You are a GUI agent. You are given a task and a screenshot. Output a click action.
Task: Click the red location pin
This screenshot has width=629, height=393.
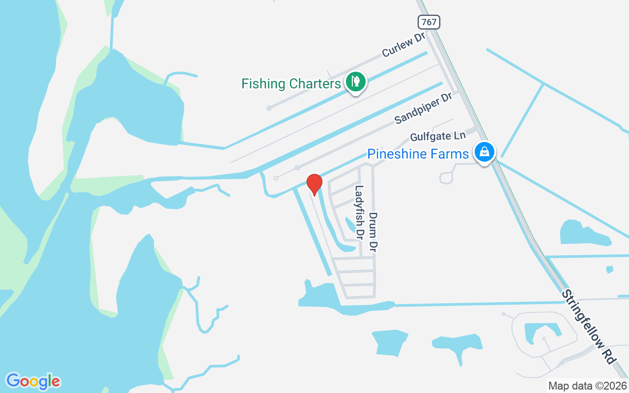314,184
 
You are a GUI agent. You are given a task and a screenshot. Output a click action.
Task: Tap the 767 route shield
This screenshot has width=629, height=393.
429,22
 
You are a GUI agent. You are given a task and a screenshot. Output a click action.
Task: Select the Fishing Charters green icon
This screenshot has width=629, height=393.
354,82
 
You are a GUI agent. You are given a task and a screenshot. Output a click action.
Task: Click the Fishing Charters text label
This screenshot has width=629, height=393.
291,84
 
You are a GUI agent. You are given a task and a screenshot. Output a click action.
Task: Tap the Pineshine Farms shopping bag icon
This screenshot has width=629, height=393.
485,152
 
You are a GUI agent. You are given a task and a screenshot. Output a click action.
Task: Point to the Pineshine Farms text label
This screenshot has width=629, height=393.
418,154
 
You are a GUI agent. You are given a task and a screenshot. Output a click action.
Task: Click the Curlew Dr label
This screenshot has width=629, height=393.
403,45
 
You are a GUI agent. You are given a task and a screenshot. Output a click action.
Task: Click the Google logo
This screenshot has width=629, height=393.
33,381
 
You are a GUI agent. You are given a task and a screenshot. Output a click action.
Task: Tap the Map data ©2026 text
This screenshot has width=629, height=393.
587,386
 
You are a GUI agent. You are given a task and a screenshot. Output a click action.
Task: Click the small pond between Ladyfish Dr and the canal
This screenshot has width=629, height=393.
350,225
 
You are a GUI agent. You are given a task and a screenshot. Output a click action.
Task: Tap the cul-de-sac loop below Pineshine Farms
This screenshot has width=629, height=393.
446,178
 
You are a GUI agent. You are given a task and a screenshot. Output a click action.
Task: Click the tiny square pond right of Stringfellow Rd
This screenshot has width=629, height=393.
609,269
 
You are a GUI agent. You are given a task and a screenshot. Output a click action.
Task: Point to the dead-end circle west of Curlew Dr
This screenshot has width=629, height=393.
269,108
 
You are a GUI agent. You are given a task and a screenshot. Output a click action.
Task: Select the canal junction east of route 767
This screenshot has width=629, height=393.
543,84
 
